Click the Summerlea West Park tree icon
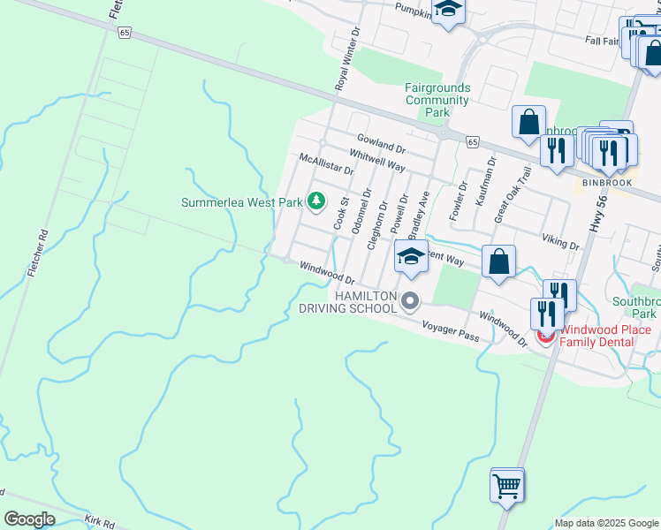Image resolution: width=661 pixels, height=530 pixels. [x=315, y=201]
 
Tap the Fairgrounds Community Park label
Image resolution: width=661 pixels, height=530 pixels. [x=437, y=100]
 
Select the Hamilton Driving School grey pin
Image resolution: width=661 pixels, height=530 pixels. [x=409, y=302]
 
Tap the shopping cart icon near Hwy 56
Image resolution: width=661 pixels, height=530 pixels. [x=507, y=485]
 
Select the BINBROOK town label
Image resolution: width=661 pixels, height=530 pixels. [x=607, y=183]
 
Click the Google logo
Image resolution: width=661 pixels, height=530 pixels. [x=29, y=519]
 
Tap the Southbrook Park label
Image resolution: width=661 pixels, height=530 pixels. [x=635, y=307]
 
